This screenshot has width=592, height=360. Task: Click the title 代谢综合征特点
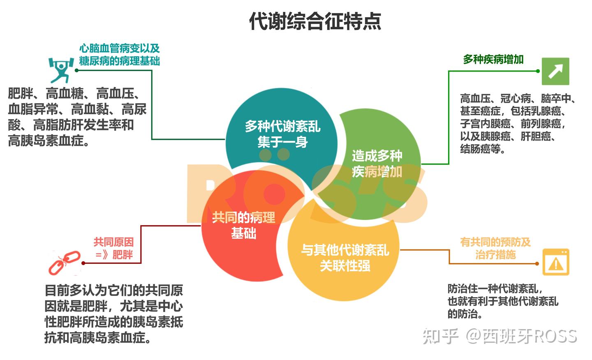[315, 21]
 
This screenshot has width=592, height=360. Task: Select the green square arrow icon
[555, 72]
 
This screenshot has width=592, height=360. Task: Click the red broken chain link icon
[65, 263]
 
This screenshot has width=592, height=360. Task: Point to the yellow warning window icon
[556, 262]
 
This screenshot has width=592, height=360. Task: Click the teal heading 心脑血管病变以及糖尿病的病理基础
[120, 55]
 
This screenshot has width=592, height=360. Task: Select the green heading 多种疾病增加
[493, 60]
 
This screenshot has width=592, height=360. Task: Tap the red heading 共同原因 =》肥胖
[114, 248]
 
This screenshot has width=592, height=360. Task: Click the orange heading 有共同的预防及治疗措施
[495, 248]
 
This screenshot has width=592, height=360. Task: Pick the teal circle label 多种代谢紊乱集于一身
[282, 134]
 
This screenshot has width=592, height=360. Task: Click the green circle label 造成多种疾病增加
[377, 164]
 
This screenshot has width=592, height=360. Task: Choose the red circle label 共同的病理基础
[243, 225]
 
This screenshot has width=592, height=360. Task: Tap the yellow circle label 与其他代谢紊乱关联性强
[345, 258]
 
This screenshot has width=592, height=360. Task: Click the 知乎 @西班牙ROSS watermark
[499, 336]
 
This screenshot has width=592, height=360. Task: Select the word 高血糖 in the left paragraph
[65, 93]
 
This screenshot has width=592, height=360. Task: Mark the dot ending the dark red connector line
[83, 263]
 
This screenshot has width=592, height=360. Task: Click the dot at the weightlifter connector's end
[76, 70]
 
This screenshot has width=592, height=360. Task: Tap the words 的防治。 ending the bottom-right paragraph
[465, 314]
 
